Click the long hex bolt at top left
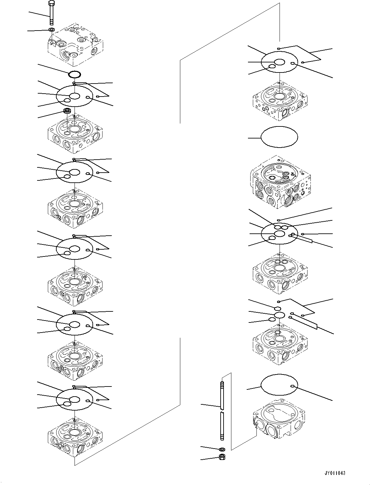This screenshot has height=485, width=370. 51,13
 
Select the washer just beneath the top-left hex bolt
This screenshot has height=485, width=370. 51,30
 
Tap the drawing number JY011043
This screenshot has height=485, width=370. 335,473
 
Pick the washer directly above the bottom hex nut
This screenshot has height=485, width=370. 222,449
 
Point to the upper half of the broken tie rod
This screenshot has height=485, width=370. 222,395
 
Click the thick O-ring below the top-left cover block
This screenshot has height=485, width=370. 75,74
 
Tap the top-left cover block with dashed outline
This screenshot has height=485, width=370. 75,44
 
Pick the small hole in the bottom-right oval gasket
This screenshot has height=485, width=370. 293,386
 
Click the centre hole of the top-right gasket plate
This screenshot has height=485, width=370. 279,62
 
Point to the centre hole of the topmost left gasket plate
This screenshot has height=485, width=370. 75,96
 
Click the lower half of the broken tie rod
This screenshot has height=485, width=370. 222,426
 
